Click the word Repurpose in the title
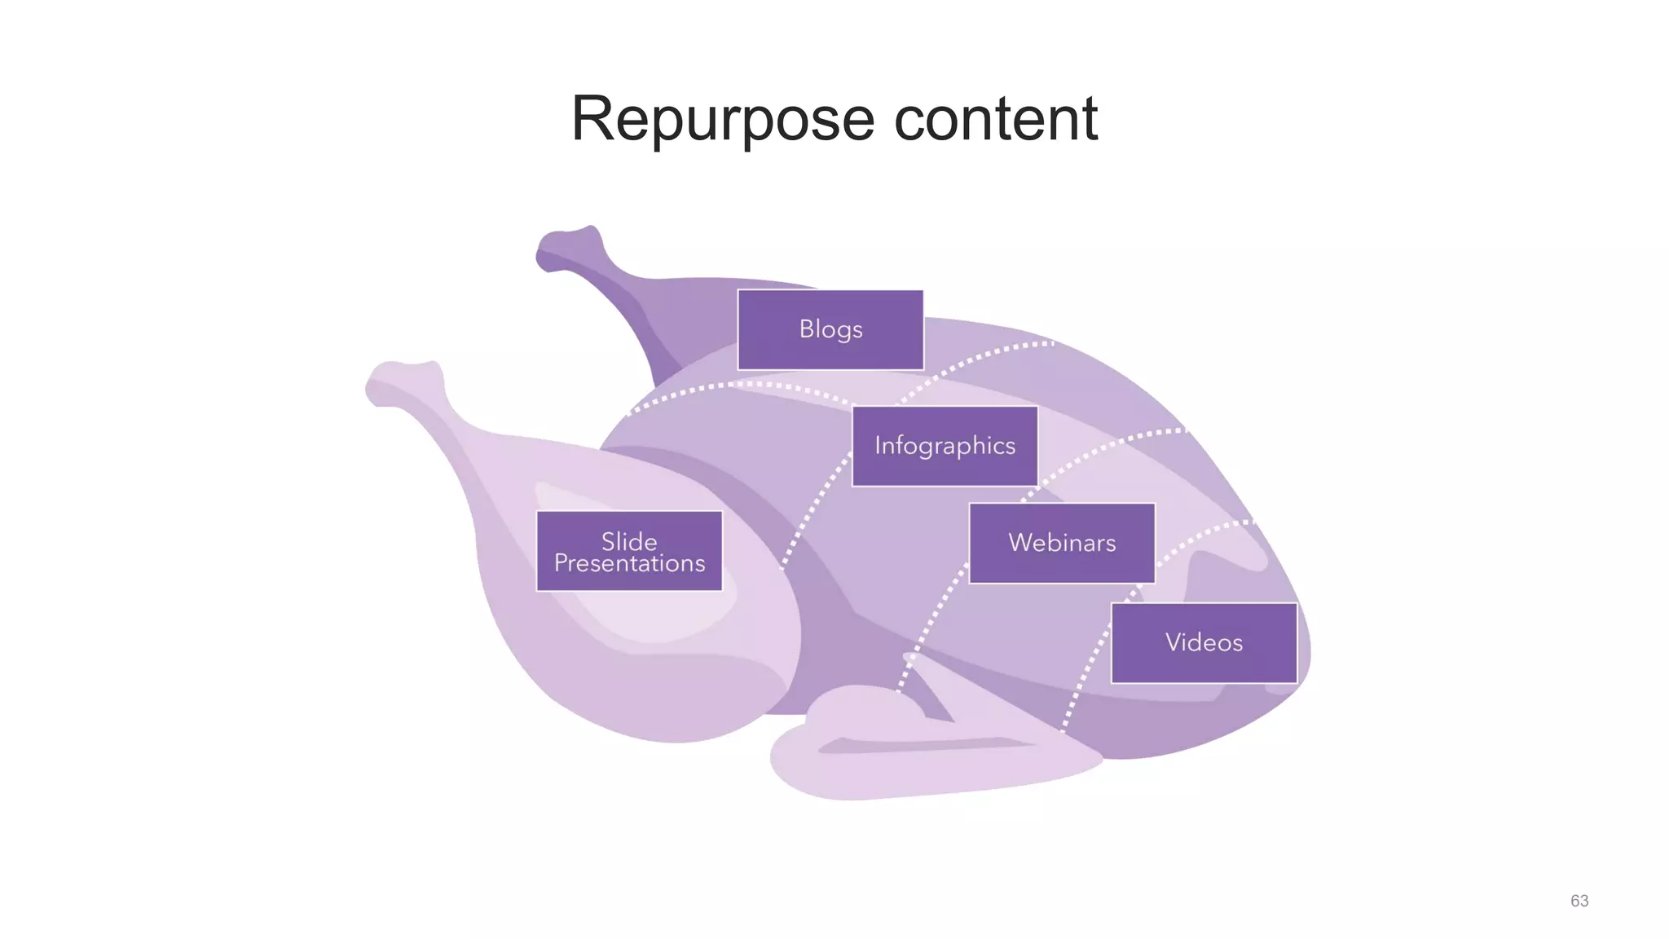coord(722,120)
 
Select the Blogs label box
coord(830,330)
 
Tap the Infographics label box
coord(945,446)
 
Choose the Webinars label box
coord(1062,543)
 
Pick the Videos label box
coord(1204,643)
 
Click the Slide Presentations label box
coord(629,551)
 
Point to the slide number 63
coord(1579,901)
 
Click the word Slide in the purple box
coord(629,541)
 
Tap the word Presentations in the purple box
coord(629,563)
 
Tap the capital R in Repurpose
coord(592,120)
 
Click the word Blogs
coord(830,329)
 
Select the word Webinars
coord(1062,543)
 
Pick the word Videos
coord(1204,643)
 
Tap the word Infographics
coord(945,446)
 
